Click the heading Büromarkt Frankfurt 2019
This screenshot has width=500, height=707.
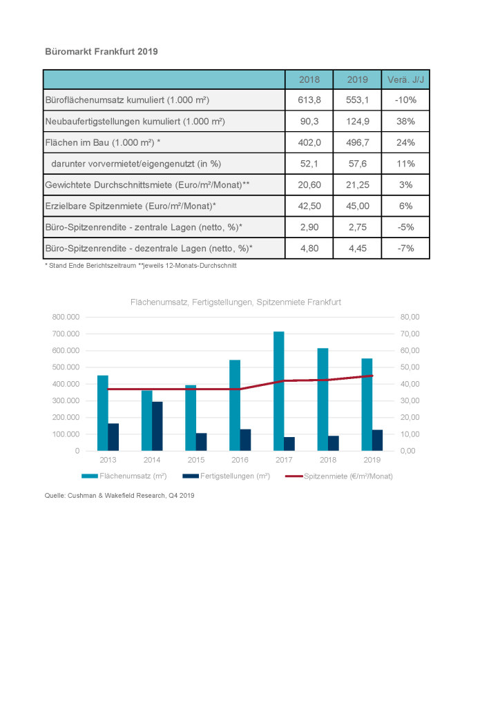(102, 51)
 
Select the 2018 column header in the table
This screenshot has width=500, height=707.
(309, 80)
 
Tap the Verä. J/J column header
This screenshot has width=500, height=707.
(406, 80)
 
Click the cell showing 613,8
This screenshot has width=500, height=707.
(309, 100)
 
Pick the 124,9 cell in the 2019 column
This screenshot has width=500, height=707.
(358, 122)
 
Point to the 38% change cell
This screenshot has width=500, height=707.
(406, 122)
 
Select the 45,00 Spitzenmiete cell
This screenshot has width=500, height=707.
(358, 206)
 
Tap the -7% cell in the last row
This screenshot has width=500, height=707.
(406, 249)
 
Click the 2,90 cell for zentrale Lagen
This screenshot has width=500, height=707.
(309, 227)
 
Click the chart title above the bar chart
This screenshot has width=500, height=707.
(235, 302)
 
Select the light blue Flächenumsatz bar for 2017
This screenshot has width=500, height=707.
(278, 391)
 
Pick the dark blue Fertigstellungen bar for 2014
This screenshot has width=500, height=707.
(157, 426)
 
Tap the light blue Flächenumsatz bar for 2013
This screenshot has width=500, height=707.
(103, 413)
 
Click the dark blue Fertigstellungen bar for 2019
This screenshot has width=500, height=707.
(377, 440)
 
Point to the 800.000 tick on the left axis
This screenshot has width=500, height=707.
(66, 317)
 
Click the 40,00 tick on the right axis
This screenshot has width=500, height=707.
(410, 384)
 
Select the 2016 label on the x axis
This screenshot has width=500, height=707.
(240, 460)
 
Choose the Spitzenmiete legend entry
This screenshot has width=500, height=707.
(339, 476)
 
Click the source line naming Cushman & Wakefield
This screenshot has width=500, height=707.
(119, 495)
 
